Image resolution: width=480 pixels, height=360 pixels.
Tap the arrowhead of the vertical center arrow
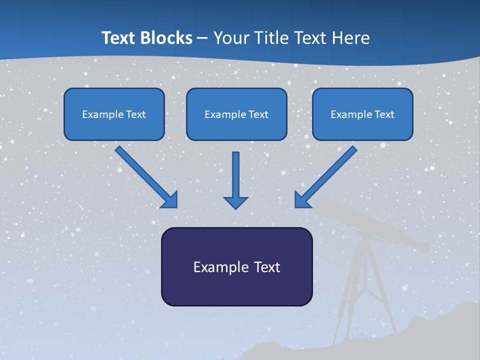click(x=235, y=202)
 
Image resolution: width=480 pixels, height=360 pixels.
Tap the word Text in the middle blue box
click(x=258, y=114)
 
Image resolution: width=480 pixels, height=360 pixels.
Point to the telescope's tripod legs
click(x=365, y=290)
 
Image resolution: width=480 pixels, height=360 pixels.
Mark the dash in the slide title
click(x=202, y=38)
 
